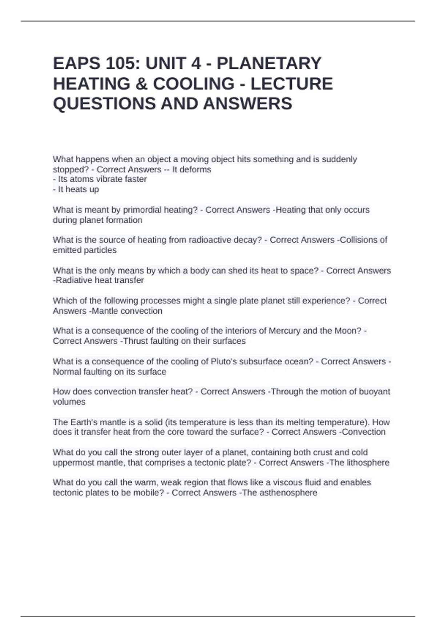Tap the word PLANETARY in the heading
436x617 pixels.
[269, 64]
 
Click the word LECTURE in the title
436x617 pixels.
[291, 84]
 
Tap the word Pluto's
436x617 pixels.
[225, 361]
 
